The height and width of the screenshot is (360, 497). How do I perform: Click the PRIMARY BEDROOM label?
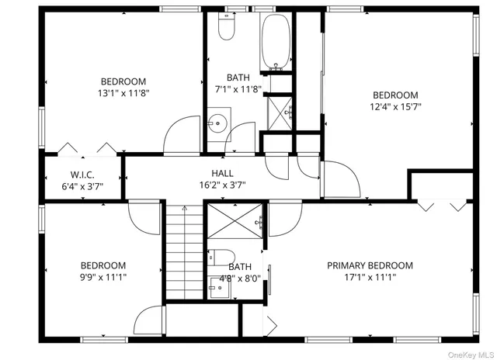coord(369,265)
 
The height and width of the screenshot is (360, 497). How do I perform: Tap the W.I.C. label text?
coord(82,174)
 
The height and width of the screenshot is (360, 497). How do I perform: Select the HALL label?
coord(222,174)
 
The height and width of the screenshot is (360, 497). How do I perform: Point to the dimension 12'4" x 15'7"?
coord(396,107)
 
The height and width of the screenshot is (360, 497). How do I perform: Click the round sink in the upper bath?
coord(218,123)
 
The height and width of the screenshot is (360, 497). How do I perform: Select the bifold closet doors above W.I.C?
coord(82,147)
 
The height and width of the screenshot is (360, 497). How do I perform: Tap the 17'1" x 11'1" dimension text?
coord(369,277)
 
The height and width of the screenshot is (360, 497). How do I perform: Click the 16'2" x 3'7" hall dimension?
coord(222,185)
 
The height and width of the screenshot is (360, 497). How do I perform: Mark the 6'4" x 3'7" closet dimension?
coord(82,186)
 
